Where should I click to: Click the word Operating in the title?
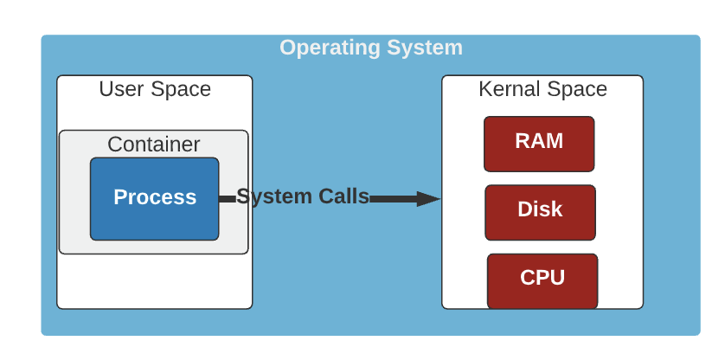click(x=330, y=48)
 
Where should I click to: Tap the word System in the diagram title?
click(x=425, y=48)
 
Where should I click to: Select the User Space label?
click(x=155, y=89)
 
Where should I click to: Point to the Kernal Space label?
click(x=542, y=89)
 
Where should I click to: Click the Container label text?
click(x=154, y=145)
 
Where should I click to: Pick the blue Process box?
click(x=155, y=199)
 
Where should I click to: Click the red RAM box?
click(x=539, y=144)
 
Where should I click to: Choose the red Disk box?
click(x=540, y=212)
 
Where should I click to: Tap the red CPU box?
click(x=542, y=281)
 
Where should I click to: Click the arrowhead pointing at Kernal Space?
click(x=428, y=199)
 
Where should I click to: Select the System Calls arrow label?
click(x=303, y=196)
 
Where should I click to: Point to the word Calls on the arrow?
click(x=343, y=196)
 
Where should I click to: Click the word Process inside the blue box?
click(x=155, y=197)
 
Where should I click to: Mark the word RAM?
click(x=539, y=141)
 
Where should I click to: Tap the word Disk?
click(x=540, y=209)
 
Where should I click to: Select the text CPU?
click(x=542, y=278)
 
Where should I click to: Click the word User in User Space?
click(x=122, y=89)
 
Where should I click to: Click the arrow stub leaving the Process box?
click(x=227, y=199)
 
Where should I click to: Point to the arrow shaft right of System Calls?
click(x=394, y=199)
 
